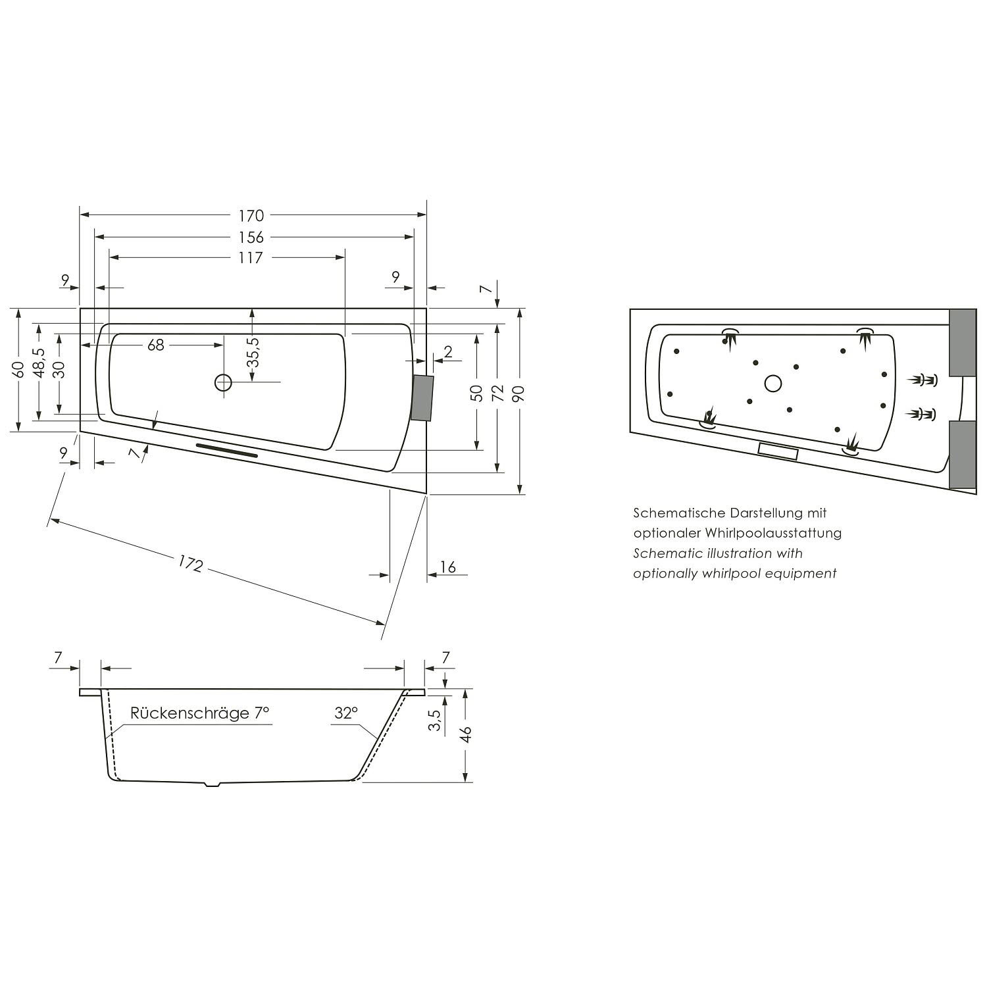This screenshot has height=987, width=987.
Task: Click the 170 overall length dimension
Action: click(251, 215)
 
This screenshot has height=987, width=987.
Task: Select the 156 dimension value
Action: click(251, 237)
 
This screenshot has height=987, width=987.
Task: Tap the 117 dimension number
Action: click(251, 258)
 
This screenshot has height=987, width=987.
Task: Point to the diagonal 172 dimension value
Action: click(190, 564)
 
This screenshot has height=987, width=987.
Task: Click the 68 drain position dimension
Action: click(155, 345)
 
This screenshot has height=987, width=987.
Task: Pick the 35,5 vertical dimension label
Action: click(253, 352)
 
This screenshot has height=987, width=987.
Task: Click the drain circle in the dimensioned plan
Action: click(224, 382)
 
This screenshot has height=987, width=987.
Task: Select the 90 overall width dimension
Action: click(519, 393)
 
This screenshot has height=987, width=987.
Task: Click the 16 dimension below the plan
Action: click(447, 567)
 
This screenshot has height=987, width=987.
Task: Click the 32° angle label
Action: click(346, 713)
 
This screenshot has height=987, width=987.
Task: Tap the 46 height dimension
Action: click(466, 735)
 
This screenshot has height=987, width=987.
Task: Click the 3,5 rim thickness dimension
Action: click(434, 721)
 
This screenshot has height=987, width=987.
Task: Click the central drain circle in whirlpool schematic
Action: click(773, 383)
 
